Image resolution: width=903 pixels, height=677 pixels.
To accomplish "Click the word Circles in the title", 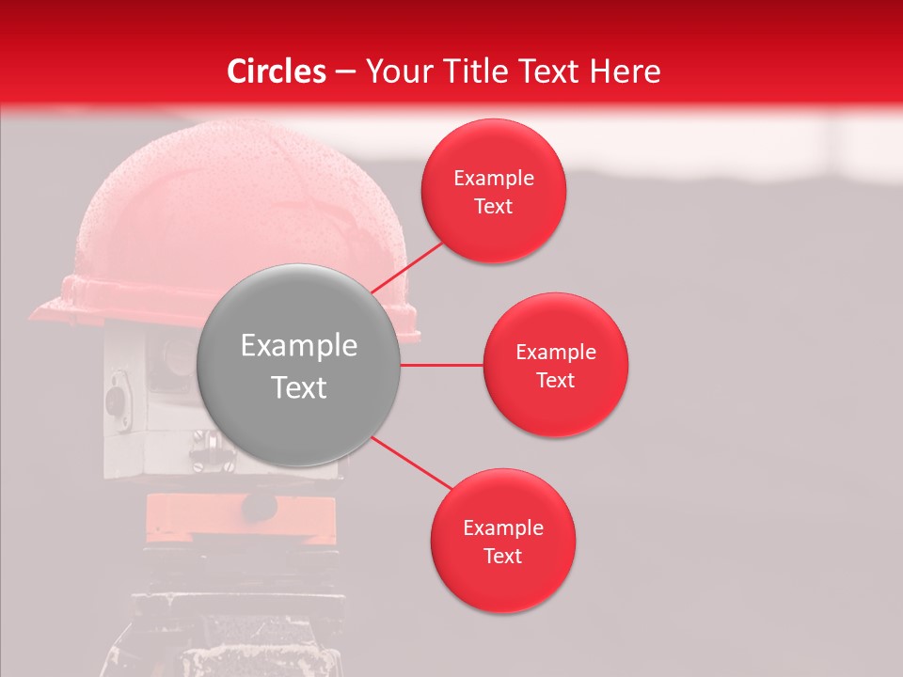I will pos(277,71).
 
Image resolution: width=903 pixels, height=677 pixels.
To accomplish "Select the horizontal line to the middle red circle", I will pos(441,365).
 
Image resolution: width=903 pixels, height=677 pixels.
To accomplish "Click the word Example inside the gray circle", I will pos(299,346).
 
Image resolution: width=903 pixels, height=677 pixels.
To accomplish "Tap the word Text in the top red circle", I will pos(494,206).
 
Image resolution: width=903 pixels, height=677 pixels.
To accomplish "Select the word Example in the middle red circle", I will pos(556,353).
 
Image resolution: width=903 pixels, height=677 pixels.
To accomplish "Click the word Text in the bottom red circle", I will pos(503,556).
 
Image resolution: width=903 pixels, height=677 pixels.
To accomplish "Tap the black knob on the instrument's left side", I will pos(116,401).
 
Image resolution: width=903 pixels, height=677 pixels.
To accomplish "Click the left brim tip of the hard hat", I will pos(38,309).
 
